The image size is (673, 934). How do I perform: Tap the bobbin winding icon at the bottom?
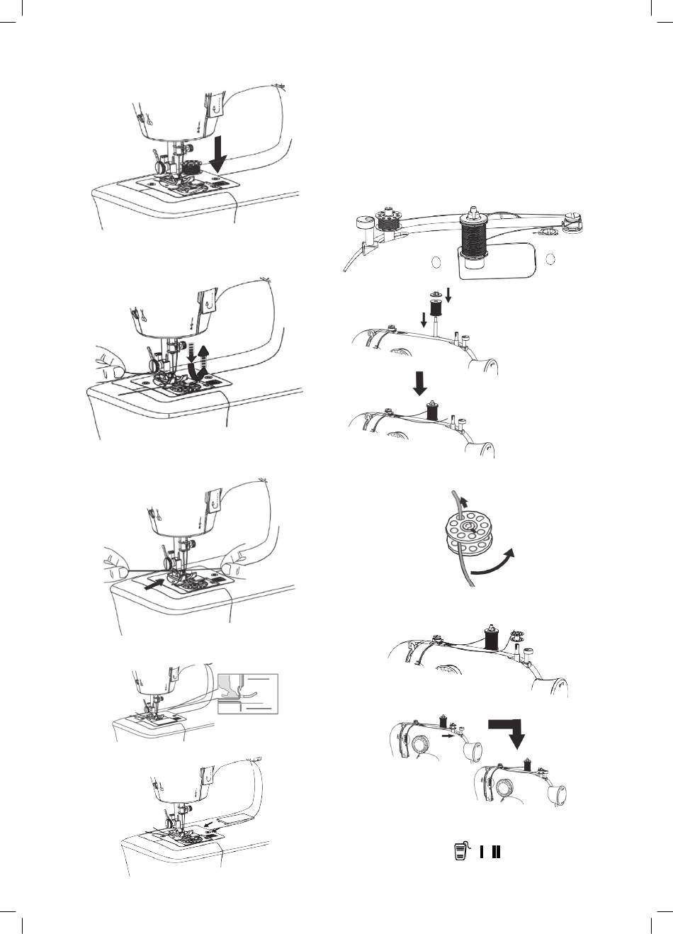pyautogui.click(x=460, y=851)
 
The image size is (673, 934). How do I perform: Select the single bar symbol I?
pyautogui.click(x=482, y=851)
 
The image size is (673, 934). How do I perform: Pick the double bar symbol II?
pyautogui.click(x=496, y=851)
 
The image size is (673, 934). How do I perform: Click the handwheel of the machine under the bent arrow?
pyautogui.click(x=506, y=789)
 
